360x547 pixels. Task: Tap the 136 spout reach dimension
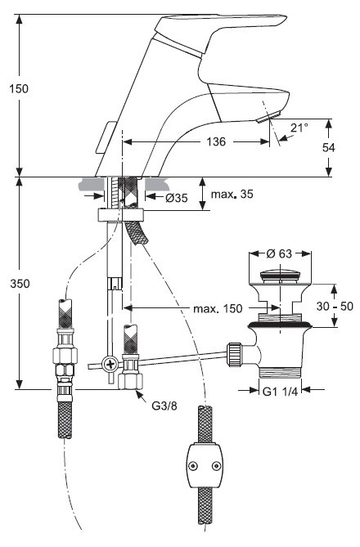coord(217,141)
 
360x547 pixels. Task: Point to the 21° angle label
coord(300,127)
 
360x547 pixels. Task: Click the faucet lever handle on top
coord(237,29)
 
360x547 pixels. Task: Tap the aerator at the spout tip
coord(261,119)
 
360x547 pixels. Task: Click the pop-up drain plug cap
coord(280,274)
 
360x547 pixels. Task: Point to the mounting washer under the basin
coord(120,215)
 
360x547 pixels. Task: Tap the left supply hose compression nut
coord(63,358)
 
